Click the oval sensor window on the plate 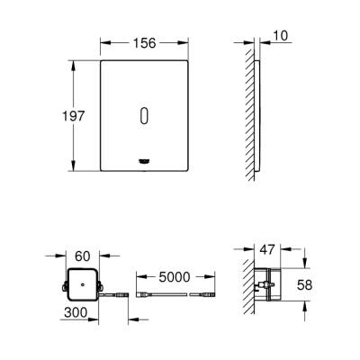(146, 115)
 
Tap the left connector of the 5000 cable (141, 294)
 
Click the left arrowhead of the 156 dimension (102, 42)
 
